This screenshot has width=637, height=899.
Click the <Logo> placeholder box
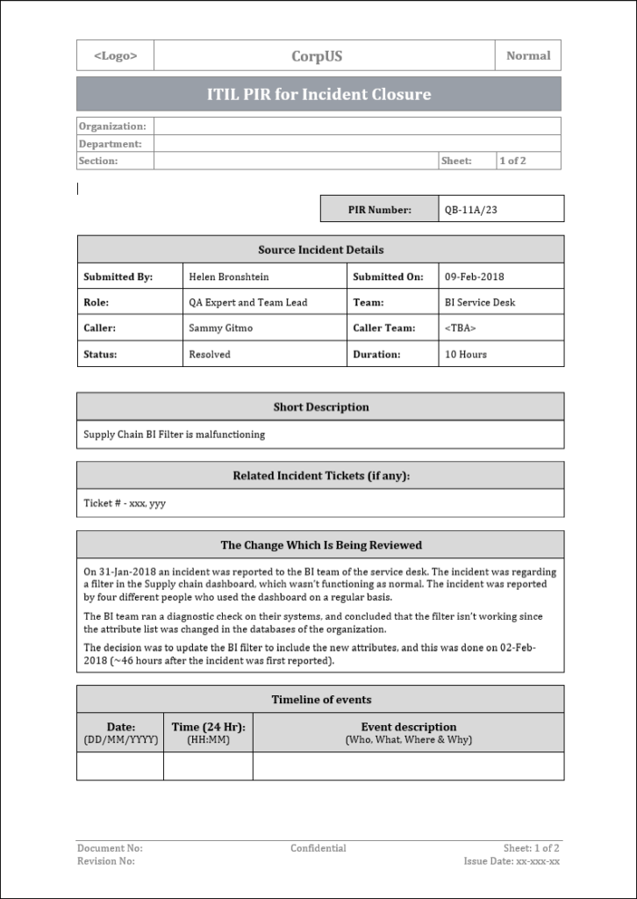[115, 55]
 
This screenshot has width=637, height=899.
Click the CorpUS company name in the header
[317, 56]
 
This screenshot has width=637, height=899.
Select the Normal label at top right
[528, 55]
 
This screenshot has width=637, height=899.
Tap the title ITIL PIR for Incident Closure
[318, 94]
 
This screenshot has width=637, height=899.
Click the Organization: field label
[112, 126]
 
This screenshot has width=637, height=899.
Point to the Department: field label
[110, 144]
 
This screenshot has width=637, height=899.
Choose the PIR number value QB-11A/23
[470, 210]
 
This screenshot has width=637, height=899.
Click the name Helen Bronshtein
[229, 277]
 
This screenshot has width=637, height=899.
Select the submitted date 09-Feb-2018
[475, 277]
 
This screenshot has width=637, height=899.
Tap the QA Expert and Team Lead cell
[248, 302]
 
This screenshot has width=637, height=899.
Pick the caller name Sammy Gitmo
[219, 328]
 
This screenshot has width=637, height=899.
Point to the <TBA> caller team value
[461, 328]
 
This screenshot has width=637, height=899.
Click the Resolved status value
[210, 355]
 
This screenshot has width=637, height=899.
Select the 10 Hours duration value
[466, 355]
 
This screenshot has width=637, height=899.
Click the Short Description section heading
[320, 407]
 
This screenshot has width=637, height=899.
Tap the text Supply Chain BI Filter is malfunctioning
[174, 434]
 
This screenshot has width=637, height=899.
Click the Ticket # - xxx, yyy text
[125, 503]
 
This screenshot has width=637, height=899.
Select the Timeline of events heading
[320, 700]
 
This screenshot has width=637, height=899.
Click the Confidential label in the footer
[318, 848]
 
